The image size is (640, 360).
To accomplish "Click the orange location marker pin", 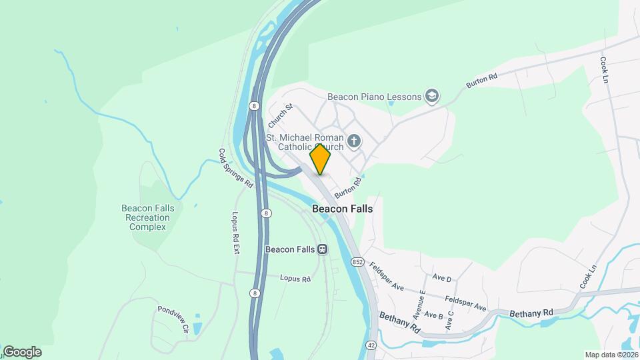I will coord(321,159).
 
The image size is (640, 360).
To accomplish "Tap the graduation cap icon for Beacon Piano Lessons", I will coord(432,97).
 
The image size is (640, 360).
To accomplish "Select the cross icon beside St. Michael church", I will coord(354,141).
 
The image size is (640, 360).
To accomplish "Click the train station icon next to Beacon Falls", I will coord(323,249).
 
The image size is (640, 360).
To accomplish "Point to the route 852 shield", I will coord(357,262).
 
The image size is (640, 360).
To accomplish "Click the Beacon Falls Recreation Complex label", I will coord(148,217).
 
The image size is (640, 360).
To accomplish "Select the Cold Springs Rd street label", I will coord(236,167).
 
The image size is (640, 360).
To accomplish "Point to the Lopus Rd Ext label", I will coord(235,234).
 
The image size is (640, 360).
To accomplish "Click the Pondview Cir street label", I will coord(174,319).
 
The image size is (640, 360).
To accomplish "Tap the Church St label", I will coord(280,116).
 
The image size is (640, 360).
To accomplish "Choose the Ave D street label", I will coord(442,278).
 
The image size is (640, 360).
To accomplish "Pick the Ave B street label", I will coord(433,315).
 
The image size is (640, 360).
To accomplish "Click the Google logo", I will coord(22,351).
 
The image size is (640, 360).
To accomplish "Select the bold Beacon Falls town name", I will coord(342,209).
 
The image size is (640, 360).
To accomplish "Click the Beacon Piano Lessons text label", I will coord(374,97).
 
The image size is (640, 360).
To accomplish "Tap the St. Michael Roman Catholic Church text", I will coord(305,142).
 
